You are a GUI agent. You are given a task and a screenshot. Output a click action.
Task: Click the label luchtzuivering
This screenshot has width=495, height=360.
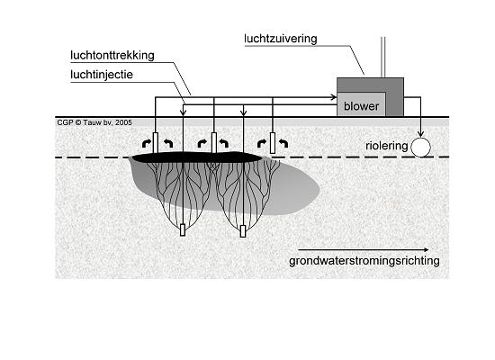(x=280, y=39)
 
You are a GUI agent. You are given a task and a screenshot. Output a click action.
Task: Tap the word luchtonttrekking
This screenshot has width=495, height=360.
(x=112, y=55)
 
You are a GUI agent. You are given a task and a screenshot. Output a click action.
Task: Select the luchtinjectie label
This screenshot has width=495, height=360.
(x=102, y=75)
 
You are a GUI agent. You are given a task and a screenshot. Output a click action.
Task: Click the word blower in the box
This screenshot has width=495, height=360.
(x=361, y=106)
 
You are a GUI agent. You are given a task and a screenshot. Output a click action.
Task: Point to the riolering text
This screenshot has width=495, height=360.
(x=387, y=146)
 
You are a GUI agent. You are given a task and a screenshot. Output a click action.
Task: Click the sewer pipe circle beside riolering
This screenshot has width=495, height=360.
(x=420, y=148)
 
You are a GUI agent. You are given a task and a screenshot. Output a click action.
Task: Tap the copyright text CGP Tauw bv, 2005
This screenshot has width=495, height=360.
(x=94, y=122)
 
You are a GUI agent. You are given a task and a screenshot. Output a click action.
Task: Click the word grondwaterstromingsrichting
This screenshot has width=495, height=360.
(x=364, y=261)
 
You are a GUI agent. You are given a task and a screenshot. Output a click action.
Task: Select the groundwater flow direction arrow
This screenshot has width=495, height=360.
(x=363, y=250)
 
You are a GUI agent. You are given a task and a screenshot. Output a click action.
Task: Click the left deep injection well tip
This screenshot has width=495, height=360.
(x=183, y=229)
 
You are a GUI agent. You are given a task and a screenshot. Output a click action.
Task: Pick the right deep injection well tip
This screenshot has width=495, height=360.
(x=243, y=231)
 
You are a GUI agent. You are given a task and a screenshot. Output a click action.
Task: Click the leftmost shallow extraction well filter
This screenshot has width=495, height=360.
(x=156, y=142)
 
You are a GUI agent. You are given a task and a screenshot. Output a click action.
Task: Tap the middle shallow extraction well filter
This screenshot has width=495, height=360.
(x=214, y=143)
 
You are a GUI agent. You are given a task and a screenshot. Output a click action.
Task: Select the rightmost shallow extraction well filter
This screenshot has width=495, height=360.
(x=273, y=143)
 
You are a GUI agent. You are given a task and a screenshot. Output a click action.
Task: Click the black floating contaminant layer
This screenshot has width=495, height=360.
(x=197, y=157)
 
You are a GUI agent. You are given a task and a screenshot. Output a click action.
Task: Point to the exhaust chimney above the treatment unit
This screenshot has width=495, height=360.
(x=382, y=58)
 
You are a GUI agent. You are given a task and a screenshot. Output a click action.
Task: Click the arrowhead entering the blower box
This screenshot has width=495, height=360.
(x=333, y=97)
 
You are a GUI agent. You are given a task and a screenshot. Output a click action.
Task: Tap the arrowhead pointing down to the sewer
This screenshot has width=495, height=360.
(x=420, y=134)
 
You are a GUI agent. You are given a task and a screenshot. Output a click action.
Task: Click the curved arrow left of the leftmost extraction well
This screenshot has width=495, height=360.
(x=146, y=144)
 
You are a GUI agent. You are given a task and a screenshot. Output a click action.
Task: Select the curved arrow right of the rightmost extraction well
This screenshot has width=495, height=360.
(x=283, y=144)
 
